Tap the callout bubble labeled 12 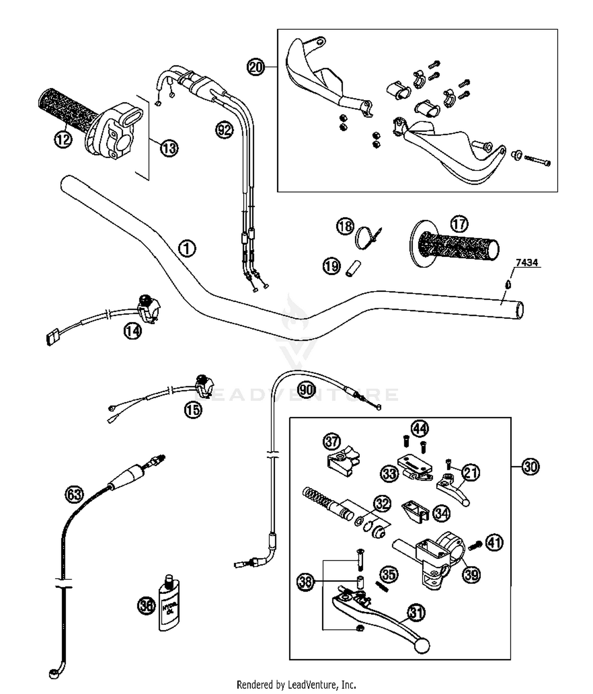(63, 139)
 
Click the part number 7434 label (527, 263)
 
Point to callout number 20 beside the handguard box (256, 67)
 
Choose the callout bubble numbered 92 (224, 130)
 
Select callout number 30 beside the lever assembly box (530, 467)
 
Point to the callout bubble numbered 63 (74, 494)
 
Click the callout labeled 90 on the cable (306, 390)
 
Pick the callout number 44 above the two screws (419, 428)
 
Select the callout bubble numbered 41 (494, 543)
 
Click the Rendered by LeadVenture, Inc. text (296, 685)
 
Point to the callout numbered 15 (193, 410)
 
